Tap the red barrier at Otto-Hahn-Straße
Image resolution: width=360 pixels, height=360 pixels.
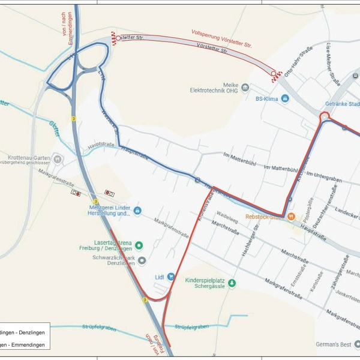[276, 74]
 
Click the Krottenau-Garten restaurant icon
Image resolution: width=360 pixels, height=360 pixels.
[58, 159]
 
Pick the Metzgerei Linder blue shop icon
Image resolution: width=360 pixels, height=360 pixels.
[137, 211]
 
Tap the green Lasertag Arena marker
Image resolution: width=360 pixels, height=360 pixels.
[139, 245]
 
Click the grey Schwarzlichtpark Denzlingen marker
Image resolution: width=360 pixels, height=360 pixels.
[142, 260]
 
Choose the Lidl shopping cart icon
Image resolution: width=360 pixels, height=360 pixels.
[171, 277]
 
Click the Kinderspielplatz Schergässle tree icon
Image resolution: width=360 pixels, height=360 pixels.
[232, 283]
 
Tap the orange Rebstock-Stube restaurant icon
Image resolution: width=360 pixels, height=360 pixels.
[291, 217]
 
